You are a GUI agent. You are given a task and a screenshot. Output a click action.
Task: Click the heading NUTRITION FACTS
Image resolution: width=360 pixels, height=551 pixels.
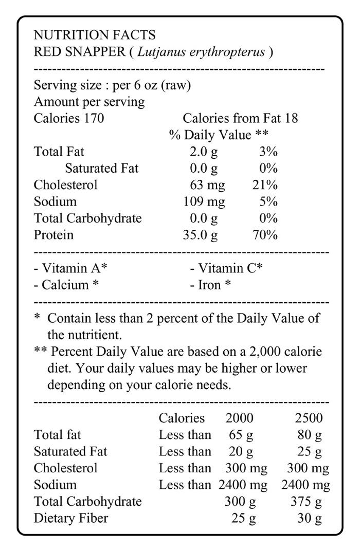pyautogui.click(x=94, y=35)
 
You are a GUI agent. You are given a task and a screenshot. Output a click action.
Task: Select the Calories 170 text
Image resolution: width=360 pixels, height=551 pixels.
pyautogui.click(x=69, y=119)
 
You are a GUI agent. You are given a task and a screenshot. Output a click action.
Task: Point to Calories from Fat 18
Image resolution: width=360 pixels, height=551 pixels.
pyautogui.click(x=240, y=119)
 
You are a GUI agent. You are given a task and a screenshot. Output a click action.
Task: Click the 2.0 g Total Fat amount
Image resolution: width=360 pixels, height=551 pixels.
pyautogui.click(x=204, y=152)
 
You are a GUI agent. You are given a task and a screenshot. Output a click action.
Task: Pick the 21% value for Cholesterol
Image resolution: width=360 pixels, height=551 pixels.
pyautogui.click(x=265, y=185)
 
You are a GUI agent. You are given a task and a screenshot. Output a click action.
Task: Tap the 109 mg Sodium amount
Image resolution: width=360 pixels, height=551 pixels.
pyautogui.click(x=204, y=202)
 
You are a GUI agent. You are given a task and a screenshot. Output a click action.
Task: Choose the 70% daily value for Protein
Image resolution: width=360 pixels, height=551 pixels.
pyautogui.click(x=265, y=235)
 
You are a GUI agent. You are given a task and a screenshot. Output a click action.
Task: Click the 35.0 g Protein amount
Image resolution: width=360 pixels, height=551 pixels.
pyautogui.click(x=200, y=235)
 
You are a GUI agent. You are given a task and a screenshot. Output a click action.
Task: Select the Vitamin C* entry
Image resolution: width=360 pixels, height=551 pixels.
pyautogui.click(x=226, y=268)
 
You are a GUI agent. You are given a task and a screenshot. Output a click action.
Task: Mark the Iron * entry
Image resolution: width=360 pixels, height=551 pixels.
pyautogui.click(x=210, y=285)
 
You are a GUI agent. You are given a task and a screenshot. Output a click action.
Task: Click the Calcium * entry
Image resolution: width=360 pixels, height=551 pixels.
pyautogui.click(x=66, y=285)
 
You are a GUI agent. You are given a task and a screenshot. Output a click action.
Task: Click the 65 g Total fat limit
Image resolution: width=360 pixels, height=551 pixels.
pyautogui.click(x=241, y=435)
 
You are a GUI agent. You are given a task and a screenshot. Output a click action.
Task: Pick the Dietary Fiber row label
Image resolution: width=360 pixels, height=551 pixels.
pyautogui.click(x=71, y=518)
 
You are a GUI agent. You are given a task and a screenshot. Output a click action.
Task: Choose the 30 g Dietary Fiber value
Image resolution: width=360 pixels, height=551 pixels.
pyautogui.click(x=310, y=518)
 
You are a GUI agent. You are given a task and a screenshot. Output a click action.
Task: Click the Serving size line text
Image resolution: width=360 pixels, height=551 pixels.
pyautogui.click(x=112, y=85)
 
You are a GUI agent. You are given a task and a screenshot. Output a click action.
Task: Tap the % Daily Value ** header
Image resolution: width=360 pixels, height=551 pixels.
pyautogui.click(x=220, y=135)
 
